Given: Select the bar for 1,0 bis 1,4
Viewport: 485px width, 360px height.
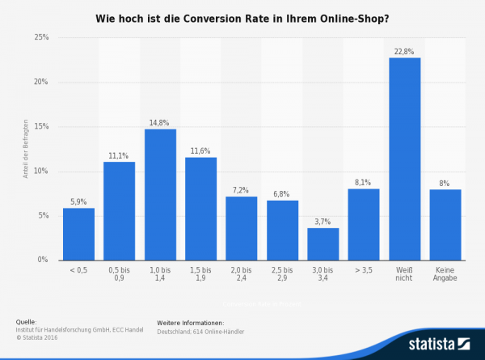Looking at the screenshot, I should click(x=160, y=194).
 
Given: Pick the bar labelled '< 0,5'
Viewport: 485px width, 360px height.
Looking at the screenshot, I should click(x=78, y=234).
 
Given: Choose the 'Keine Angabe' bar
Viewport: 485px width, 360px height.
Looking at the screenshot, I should click(x=445, y=224).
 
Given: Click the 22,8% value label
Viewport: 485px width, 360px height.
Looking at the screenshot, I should click(x=404, y=52).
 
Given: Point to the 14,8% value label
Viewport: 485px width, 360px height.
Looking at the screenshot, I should click(x=160, y=123).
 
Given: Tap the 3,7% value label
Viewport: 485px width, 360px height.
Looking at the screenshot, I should click(x=323, y=222).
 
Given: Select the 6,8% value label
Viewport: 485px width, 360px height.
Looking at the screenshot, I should click(x=282, y=194).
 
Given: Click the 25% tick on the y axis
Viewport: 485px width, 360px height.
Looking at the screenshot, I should click(x=41, y=38).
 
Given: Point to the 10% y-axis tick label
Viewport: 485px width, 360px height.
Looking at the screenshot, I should click(x=41, y=172).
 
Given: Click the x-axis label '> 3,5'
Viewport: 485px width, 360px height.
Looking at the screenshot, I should click(x=364, y=271).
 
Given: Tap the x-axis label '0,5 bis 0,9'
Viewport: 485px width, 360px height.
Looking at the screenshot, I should click(x=119, y=274).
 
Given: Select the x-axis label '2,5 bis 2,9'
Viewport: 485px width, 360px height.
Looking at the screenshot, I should click(x=282, y=274).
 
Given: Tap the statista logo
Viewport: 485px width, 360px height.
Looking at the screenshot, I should click(x=440, y=343).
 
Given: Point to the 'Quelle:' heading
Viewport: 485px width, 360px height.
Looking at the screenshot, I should click(x=26, y=321).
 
